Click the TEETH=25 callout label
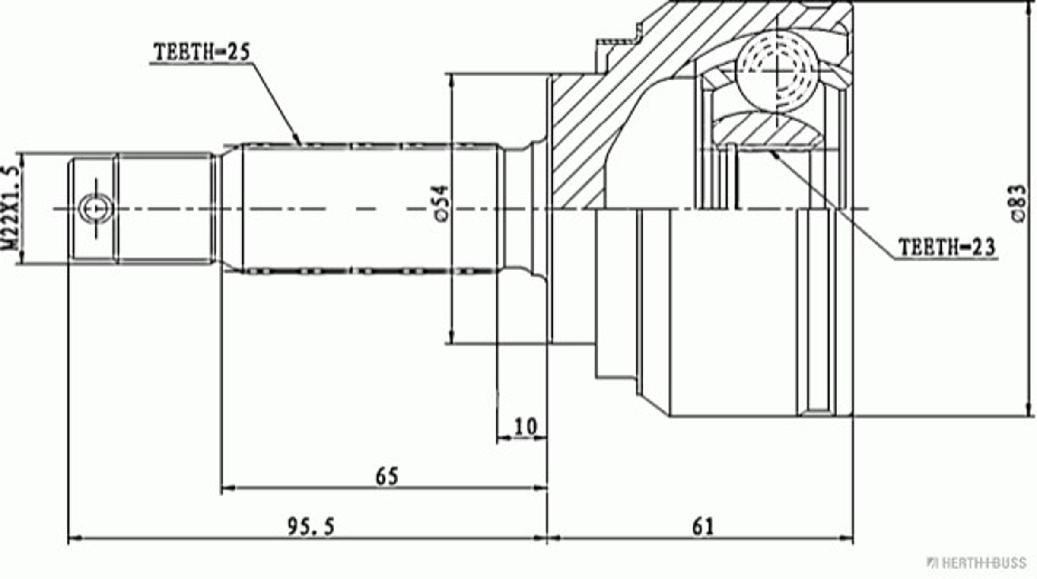click(202, 52)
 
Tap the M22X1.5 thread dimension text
click(11, 208)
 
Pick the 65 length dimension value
click(387, 477)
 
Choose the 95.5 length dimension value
click(311, 527)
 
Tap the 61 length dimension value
click(703, 527)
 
